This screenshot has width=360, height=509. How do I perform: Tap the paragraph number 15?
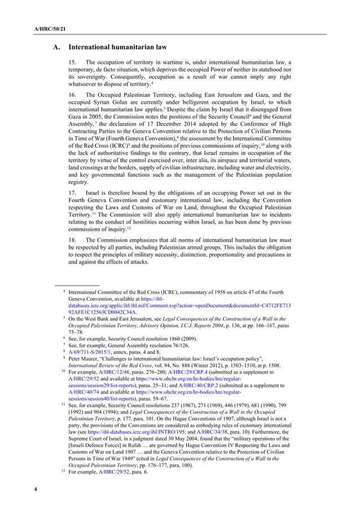72,62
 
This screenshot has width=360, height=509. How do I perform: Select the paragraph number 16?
72,95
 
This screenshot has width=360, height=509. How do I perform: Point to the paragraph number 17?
72,193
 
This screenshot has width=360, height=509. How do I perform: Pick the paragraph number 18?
72,233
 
